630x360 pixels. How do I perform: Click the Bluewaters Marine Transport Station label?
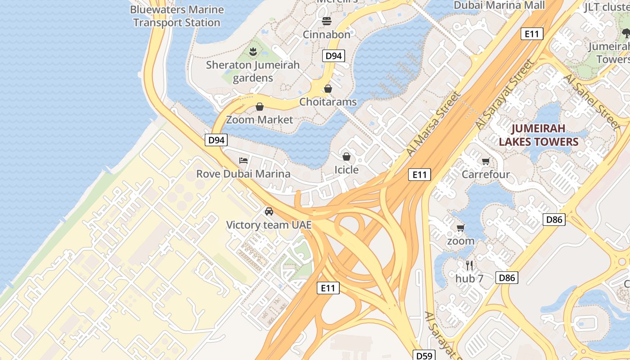pos(177,16)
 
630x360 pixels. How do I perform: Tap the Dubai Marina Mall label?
pos(499,5)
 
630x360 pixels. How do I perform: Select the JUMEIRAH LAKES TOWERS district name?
pos(538,135)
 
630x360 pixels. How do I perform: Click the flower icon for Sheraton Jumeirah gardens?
pos(253,52)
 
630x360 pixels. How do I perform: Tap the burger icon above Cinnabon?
pos(327,21)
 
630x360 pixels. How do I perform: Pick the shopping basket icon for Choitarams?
pos(328,89)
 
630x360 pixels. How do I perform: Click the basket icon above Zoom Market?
pos(260,107)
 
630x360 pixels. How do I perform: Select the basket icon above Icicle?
pos(346,157)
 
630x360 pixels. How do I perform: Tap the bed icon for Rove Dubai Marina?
pos(243,161)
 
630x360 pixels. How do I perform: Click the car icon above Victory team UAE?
pos(269,211)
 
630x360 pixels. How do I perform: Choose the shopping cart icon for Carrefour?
pos(486,162)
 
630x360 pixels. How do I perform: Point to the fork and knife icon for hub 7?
pos(469,265)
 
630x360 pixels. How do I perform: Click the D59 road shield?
pos(424,355)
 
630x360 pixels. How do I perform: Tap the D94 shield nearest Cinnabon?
pos(333,56)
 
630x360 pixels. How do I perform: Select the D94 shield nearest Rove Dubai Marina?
pos(216,140)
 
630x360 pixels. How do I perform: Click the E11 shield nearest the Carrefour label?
pos(419,175)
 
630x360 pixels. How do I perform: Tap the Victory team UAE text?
pos(269,225)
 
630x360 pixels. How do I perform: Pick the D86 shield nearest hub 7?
pos(507,278)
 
